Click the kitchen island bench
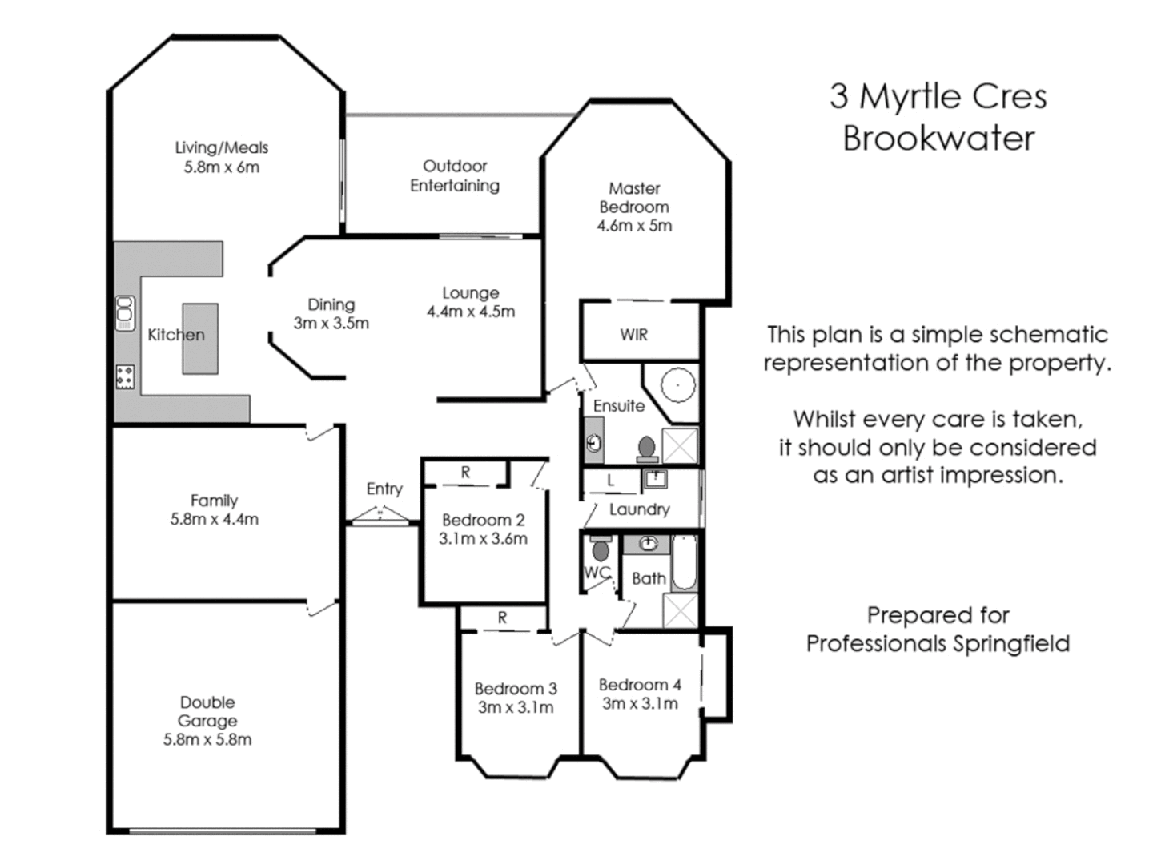tap(200, 338)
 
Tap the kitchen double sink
tap(124, 312)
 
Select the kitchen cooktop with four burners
tap(125, 376)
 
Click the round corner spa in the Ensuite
tap(677, 384)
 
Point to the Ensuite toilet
tap(647, 449)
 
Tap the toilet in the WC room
tap(601, 549)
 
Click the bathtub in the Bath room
tap(685, 562)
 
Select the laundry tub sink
tap(655, 479)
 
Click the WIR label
tap(633, 335)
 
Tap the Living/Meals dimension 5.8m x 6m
tap(222, 167)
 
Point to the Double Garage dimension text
tap(207, 739)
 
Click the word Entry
tap(384, 489)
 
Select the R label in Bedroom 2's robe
tap(465, 473)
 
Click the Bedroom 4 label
tap(640, 685)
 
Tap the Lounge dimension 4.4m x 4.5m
tap(471, 312)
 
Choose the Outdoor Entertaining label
tap(455, 175)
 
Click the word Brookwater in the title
tap(938, 138)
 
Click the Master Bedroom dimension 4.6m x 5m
tap(634, 226)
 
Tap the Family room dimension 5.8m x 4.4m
tap(214, 519)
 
